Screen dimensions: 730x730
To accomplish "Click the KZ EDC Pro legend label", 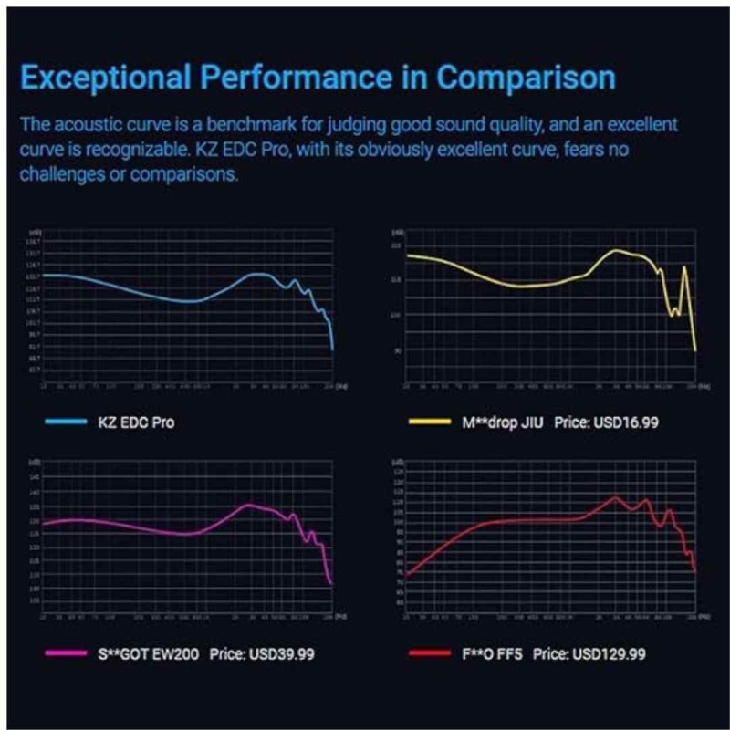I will (137, 422).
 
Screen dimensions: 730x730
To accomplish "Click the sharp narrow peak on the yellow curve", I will (684, 267).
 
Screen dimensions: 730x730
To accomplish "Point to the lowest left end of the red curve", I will (408, 575).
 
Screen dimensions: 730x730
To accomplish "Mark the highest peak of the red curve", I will (616, 498).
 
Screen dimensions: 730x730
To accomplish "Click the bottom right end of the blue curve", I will (332, 349).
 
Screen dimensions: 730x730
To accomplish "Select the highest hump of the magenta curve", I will (250, 505).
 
